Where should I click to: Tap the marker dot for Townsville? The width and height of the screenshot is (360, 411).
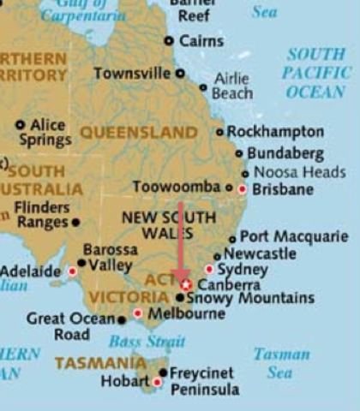click(180, 74)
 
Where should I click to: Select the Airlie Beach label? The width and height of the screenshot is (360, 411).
click(231, 86)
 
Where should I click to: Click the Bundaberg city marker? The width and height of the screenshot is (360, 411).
click(240, 154)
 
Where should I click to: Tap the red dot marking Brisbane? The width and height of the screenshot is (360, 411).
click(243, 188)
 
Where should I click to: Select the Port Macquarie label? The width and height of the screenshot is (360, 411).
click(294, 237)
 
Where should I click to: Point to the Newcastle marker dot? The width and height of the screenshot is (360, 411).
click(218, 255)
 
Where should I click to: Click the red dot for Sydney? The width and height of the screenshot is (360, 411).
click(209, 269)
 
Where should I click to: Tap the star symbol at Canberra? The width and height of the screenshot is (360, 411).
click(185, 283)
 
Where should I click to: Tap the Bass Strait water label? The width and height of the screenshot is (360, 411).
click(147, 342)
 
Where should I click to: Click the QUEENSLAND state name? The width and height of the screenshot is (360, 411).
click(139, 133)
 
